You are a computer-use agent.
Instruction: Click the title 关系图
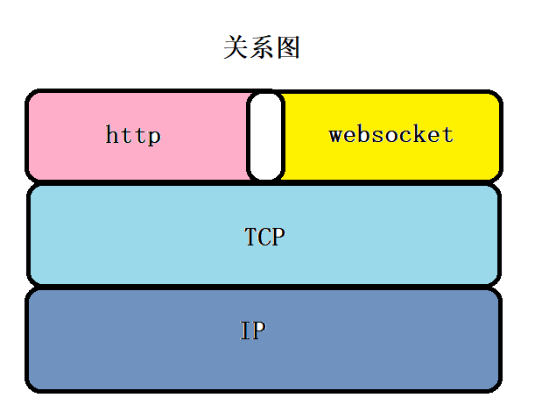(x=262, y=47)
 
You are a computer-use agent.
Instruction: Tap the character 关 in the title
(x=236, y=47)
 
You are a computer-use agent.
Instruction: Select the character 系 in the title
(x=262, y=47)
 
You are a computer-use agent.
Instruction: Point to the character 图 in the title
(x=287, y=47)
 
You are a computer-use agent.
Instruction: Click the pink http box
(x=138, y=135)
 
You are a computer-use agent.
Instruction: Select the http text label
(x=133, y=135)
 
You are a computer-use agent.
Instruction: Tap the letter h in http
(x=112, y=134)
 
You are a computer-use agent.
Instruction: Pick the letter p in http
(x=154, y=137)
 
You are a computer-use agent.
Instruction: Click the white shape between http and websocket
(x=265, y=136)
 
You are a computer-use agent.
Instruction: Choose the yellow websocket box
(x=391, y=135)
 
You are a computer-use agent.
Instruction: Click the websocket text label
(x=391, y=134)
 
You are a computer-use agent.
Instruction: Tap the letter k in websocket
(x=419, y=134)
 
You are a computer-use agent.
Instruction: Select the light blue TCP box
(x=264, y=235)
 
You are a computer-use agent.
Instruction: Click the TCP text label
(x=264, y=237)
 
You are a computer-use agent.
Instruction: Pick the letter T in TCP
(x=251, y=237)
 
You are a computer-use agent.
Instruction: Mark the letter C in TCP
(x=264, y=237)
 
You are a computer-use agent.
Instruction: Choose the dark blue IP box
(x=264, y=341)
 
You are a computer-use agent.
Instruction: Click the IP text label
(x=253, y=330)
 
